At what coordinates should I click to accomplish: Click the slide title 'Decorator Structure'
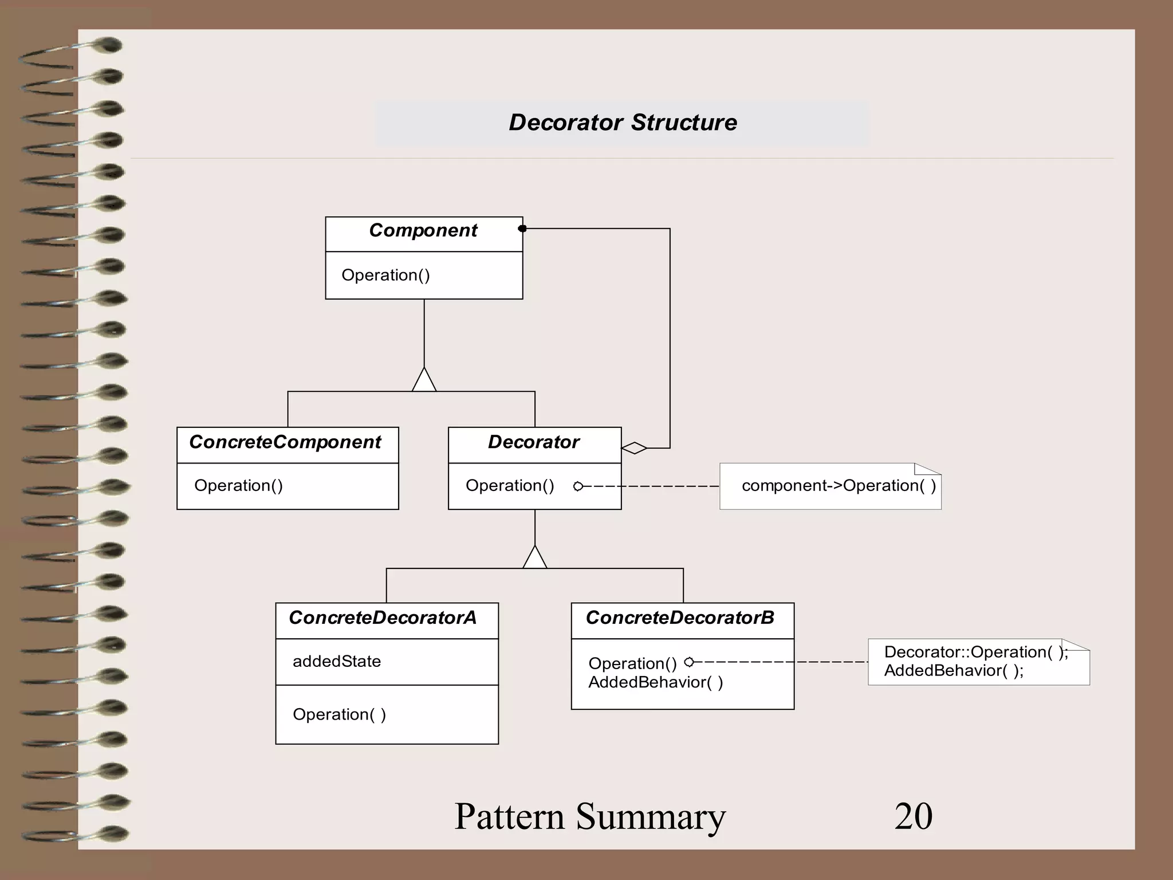tap(623, 123)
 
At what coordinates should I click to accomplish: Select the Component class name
tap(423, 230)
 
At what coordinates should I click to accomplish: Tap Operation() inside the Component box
tap(385, 275)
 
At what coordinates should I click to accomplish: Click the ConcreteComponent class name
tap(285, 442)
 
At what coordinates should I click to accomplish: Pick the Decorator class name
tap(533, 442)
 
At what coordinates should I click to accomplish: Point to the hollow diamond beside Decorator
tap(635, 448)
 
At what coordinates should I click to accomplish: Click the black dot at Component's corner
tap(522, 229)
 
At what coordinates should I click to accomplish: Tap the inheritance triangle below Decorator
tap(534, 558)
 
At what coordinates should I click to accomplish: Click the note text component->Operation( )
tap(839, 486)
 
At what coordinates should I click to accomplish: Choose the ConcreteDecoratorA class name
tap(383, 618)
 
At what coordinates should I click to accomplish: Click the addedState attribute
tap(337, 661)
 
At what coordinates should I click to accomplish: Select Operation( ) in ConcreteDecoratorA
tap(339, 714)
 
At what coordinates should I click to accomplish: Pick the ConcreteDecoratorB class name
tap(680, 618)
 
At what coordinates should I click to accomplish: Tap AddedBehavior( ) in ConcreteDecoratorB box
tap(655, 682)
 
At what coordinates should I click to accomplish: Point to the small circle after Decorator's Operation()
tap(578, 486)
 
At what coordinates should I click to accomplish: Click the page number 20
tap(914, 816)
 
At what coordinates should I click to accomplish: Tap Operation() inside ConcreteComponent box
tap(238, 486)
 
